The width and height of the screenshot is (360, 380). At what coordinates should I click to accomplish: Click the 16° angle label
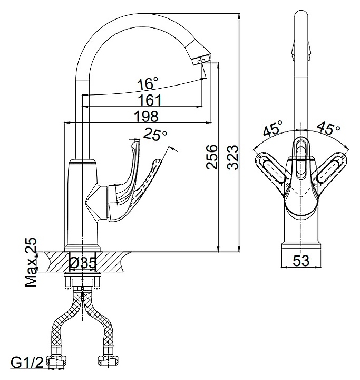tap(148, 83)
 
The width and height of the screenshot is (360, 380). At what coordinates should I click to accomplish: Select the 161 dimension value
tap(150, 100)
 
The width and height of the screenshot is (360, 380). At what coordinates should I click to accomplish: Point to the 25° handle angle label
tap(155, 134)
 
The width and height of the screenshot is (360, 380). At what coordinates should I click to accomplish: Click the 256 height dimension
tap(212, 157)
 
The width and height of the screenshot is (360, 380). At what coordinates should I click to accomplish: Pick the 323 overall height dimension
tap(232, 157)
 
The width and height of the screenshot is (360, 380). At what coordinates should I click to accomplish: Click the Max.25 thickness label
tap(32, 262)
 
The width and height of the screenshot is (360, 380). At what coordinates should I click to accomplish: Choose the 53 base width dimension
tap(301, 261)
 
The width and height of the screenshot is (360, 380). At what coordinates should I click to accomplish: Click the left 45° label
tap(273, 128)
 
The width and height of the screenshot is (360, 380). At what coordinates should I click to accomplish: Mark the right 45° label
tap(328, 128)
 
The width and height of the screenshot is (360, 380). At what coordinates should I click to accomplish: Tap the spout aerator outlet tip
tap(202, 61)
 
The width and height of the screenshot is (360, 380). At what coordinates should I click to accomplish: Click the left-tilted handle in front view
tap(271, 169)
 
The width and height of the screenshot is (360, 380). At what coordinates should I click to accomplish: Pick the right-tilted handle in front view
tap(330, 169)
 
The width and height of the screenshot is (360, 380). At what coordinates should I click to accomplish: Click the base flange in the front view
tap(301, 246)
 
